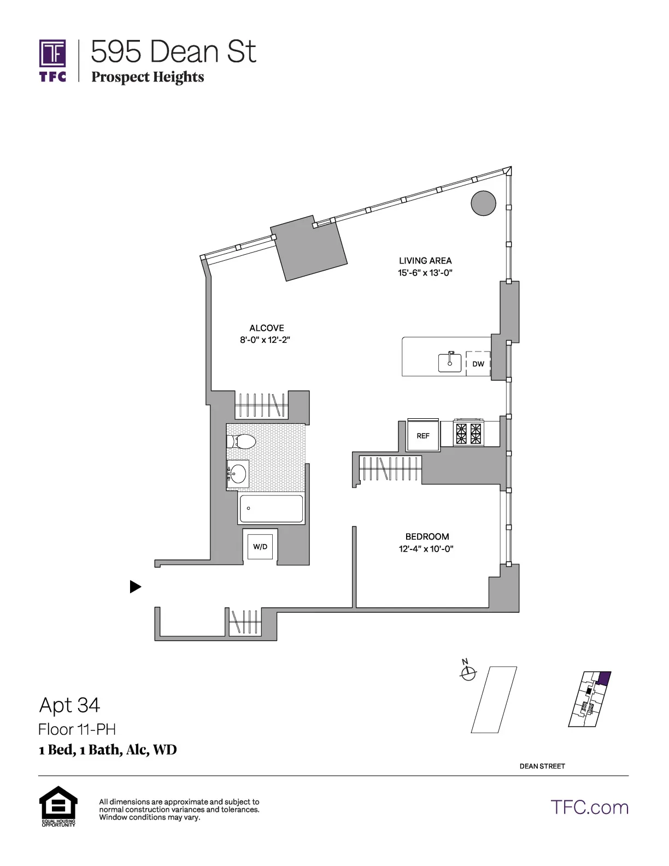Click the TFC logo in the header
(x=52, y=60)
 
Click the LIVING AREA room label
(x=425, y=261)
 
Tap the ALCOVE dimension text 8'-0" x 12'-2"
(x=265, y=340)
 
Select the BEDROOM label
(x=427, y=537)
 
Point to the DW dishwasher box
(x=478, y=364)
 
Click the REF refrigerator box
(x=423, y=436)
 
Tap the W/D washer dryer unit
(x=260, y=547)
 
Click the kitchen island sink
(x=450, y=362)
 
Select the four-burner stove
(x=470, y=434)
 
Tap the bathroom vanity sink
(x=238, y=473)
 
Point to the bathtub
(x=271, y=508)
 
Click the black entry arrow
(x=135, y=587)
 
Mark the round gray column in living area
(x=483, y=203)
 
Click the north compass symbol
(x=468, y=673)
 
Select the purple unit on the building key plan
(x=603, y=678)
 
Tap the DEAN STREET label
(x=542, y=766)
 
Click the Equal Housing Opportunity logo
(x=58, y=806)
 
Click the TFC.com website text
(x=590, y=808)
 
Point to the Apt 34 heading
(x=70, y=705)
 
